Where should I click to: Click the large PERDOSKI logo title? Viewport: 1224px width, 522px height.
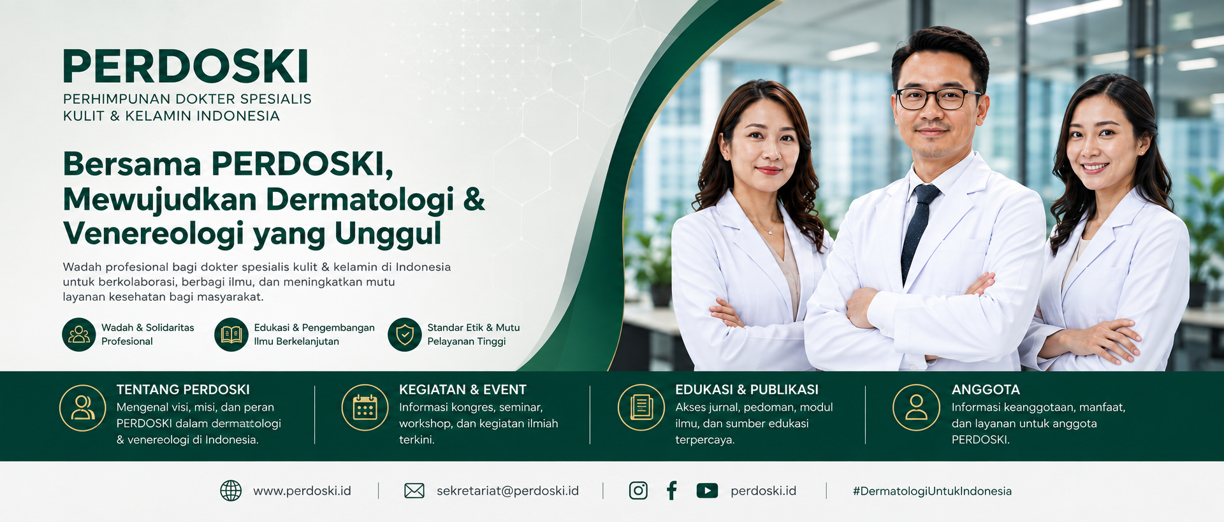click(x=186, y=66)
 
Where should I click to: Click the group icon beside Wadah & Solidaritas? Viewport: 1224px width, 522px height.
click(x=79, y=335)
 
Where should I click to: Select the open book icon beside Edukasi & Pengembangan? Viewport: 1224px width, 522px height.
click(x=231, y=335)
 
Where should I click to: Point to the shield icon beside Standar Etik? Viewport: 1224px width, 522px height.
click(x=405, y=335)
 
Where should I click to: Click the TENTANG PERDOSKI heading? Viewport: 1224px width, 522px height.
click(x=183, y=389)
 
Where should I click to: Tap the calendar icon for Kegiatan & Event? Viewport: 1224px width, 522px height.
click(x=365, y=407)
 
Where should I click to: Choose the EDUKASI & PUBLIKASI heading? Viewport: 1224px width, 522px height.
click(x=747, y=389)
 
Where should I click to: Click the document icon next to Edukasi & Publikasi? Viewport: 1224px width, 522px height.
click(x=641, y=407)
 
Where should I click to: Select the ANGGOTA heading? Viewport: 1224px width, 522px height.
click(x=986, y=389)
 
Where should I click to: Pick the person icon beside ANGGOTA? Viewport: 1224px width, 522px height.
click(x=917, y=407)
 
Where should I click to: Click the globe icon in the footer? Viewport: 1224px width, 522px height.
click(x=231, y=491)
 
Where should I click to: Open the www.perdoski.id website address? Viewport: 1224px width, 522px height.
click(x=302, y=491)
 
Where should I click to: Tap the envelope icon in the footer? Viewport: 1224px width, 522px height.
click(x=414, y=491)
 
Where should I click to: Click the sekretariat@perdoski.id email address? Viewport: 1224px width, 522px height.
click(x=507, y=491)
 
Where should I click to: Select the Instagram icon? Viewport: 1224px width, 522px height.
click(x=638, y=490)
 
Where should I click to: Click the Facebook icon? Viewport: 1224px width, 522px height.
click(x=672, y=490)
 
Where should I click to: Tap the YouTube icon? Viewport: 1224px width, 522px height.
click(x=707, y=490)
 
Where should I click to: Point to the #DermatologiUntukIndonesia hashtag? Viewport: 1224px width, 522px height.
click(x=932, y=491)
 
